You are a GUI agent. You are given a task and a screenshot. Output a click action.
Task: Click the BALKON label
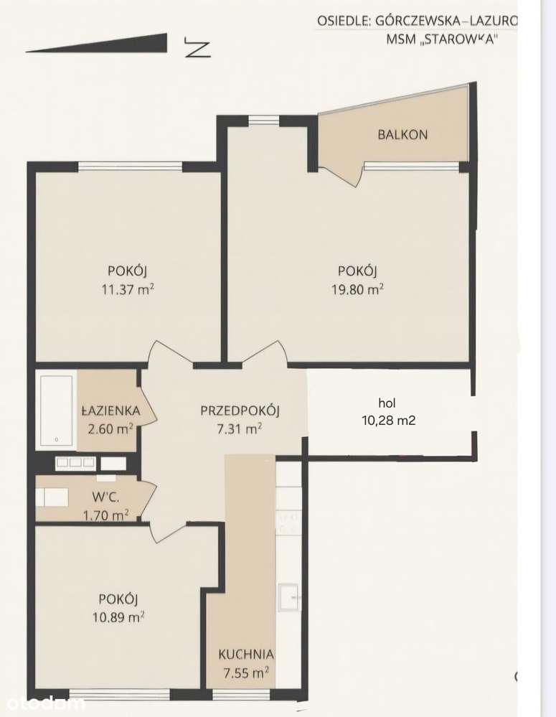402,134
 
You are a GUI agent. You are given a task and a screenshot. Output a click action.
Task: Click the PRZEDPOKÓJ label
240,411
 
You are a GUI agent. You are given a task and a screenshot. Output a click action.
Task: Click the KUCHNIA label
245,654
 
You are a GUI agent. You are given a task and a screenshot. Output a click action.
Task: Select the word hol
387,403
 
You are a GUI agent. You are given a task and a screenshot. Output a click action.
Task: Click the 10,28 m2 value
388,421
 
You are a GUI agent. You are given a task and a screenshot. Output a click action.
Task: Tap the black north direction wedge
108,44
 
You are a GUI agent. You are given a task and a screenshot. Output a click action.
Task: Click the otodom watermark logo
42,702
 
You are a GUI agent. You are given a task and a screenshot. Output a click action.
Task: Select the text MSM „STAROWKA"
441,40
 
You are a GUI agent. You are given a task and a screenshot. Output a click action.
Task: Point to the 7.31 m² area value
240,429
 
